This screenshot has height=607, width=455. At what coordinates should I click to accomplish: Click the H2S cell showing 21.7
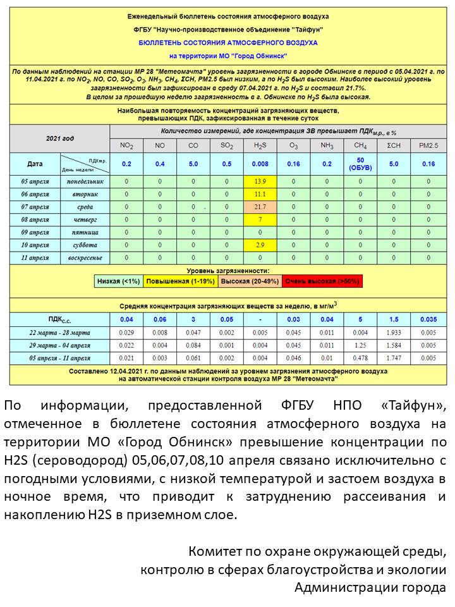coord(260,207)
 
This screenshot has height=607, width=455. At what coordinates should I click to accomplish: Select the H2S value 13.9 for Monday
coord(260,181)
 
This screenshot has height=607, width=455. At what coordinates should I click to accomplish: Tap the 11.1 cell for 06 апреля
coord(260,194)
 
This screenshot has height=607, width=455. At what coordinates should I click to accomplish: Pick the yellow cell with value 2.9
coord(260,245)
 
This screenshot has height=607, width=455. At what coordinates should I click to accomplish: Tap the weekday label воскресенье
coord(85,258)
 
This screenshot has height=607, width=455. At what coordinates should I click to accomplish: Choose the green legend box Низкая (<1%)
coord(119,281)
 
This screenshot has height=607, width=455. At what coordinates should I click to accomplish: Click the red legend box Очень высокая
coord(322,281)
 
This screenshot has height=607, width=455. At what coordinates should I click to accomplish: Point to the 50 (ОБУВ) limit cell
coord(360,164)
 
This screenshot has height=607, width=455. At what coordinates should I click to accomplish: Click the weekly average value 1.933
coord(394,333)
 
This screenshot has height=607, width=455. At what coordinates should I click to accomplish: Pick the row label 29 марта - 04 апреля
coord(59,345)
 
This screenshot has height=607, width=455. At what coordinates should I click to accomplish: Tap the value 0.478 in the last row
coord(360,358)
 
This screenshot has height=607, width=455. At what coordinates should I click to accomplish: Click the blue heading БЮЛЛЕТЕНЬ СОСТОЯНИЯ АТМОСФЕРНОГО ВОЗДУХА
coord(227,43)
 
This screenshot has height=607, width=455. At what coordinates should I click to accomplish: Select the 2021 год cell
coord(59,137)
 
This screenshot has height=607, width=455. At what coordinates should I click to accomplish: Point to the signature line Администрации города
coord(370,587)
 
